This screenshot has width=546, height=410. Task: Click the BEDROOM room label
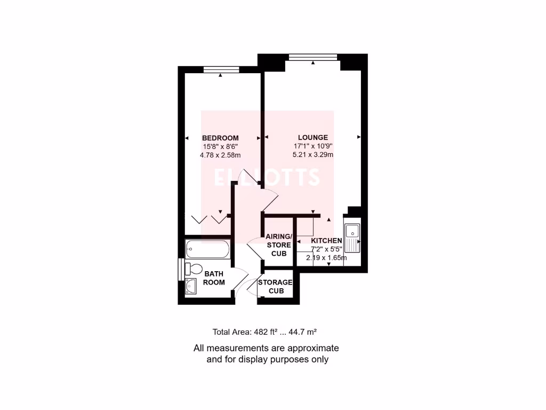pos(220,138)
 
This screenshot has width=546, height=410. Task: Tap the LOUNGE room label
pos(313,138)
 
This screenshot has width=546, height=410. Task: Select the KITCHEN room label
pos(326,241)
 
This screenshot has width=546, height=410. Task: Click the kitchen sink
pos(352,238)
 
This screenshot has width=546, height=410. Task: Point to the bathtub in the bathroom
pos(208,249)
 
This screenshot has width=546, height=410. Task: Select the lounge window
pos(313,57)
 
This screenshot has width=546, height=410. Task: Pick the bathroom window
pos(180,269)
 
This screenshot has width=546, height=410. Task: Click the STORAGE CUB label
pos(275,287)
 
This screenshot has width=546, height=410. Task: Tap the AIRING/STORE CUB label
pos(279,245)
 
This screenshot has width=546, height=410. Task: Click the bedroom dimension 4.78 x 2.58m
pos(220,155)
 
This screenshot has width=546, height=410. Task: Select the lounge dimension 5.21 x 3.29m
pos(313,155)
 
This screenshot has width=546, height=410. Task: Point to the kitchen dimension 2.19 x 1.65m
pos(326,258)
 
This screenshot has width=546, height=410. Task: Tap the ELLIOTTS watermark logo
pos(267,177)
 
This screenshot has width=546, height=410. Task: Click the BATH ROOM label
pos(214,278)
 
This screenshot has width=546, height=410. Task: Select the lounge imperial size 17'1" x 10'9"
pos(313,146)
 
